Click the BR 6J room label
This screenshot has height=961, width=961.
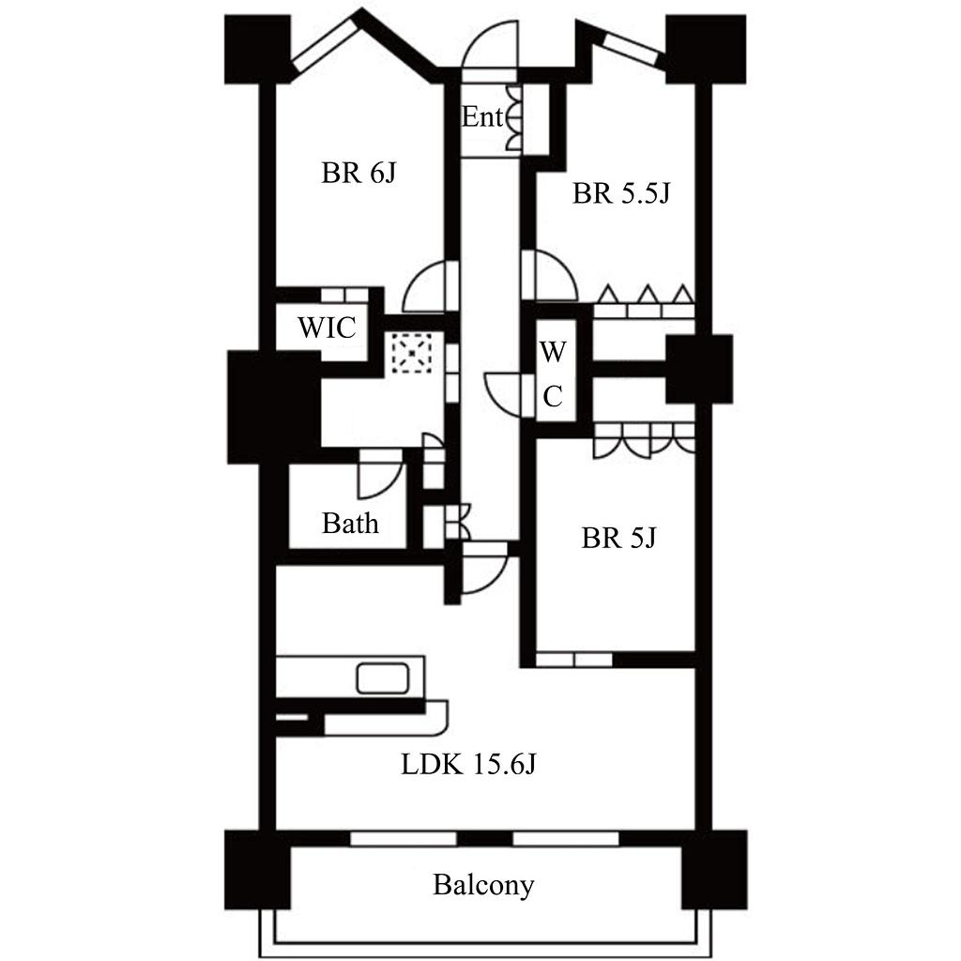(x=358, y=173)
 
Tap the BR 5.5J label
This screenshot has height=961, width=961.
(x=621, y=193)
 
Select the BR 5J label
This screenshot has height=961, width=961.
(x=618, y=538)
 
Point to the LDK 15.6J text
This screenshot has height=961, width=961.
(x=468, y=764)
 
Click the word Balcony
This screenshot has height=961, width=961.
(x=483, y=885)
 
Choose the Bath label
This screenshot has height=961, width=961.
(x=350, y=524)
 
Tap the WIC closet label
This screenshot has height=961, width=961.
(x=327, y=328)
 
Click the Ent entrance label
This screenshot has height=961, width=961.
(x=482, y=116)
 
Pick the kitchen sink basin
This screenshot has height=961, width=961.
(x=383, y=679)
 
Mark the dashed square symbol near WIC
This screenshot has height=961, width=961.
(x=412, y=353)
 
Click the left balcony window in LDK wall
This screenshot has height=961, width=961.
(x=404, y=838)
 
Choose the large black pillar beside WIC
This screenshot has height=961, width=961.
(x=274, y=406)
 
